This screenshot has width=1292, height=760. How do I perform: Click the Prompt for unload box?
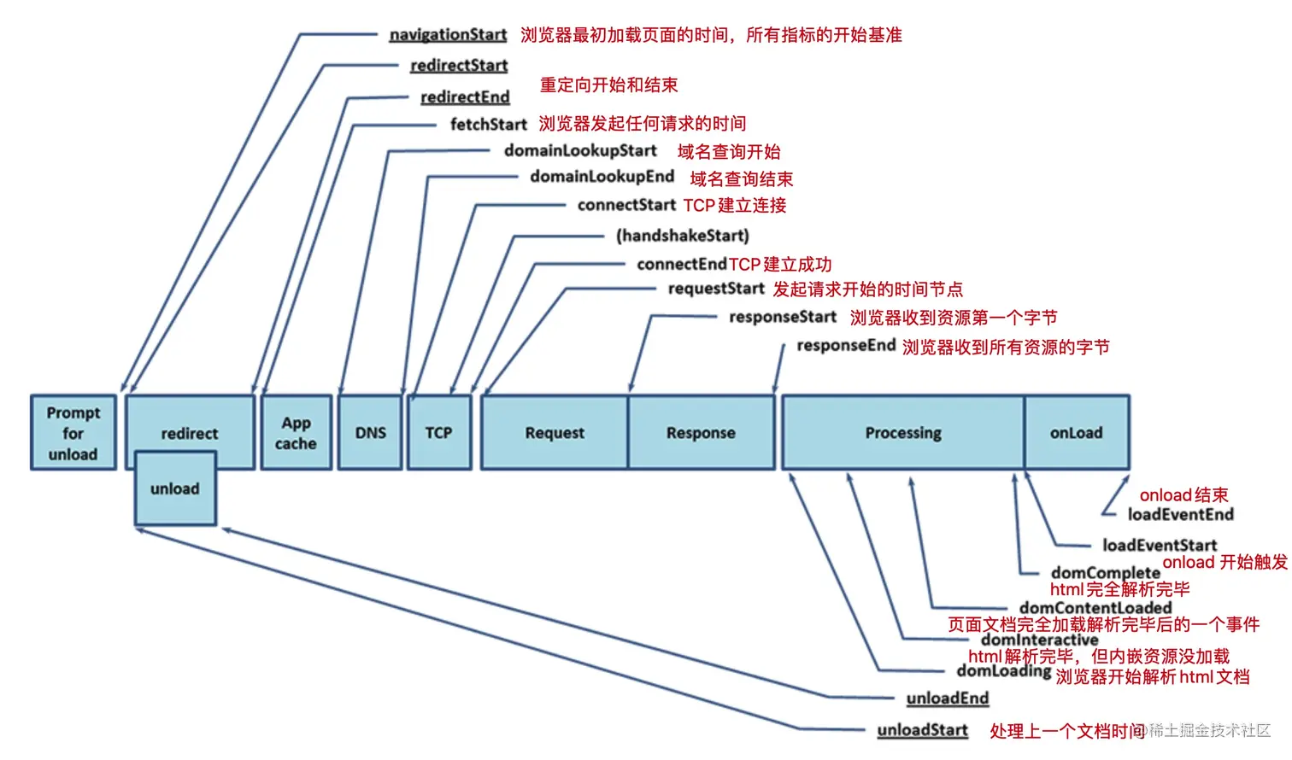click(x=73, y=433)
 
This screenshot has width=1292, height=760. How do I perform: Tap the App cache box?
click(x=296, y=433)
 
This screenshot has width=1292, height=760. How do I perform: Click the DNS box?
click(x=370, y=433)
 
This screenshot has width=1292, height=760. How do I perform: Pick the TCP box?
click(x=438, y=433)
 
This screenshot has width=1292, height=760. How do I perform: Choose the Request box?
click(x=555, y=433)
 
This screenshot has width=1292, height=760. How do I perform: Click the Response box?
click(x=701, y=433)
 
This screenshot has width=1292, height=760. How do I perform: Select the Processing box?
click(x=902, y=433)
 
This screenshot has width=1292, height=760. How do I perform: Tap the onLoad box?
click(x=1076, y=433)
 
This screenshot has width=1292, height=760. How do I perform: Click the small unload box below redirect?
click(x=175, y=489)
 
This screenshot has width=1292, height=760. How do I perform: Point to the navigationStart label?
click(x=448, y=35)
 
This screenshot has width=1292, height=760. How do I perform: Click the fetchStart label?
click(x=489, y=125)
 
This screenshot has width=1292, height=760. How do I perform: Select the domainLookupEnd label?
click(x=602, y=177)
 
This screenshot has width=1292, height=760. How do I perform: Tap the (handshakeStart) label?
click(x=682, y=236)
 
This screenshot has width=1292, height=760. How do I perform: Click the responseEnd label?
click(x=846, y=345)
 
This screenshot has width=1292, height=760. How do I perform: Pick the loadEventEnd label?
click(x=1180, y=514)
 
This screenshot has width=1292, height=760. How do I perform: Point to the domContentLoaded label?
click(x=1095, y=607)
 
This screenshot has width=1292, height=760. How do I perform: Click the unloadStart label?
click(x=922, y=730)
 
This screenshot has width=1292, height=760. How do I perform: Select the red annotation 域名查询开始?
click(x=729, y=152)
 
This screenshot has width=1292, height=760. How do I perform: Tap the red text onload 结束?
click(x=1183, y=495)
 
